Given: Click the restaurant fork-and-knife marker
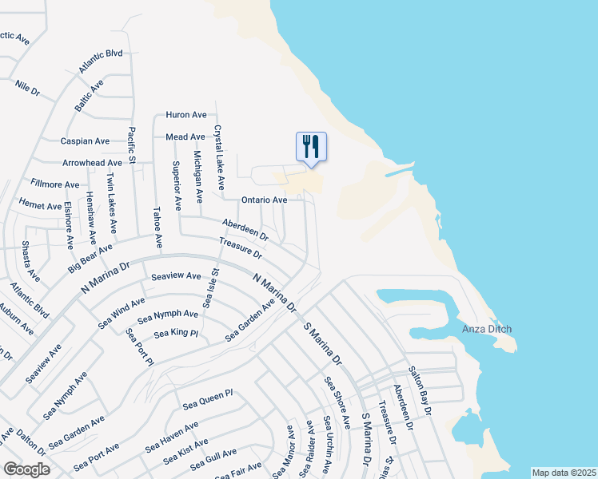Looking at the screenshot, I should click(312, 147).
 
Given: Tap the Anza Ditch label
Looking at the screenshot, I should click(487, 329).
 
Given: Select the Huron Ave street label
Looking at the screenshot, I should click(186, 115).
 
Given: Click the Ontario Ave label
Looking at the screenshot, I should click(264, 200).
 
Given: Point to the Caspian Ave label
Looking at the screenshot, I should click(86, 141).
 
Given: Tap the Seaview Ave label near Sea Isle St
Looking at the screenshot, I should click(176, 276).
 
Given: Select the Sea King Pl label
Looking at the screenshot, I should click(176, 333).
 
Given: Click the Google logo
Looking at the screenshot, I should click(26, 469).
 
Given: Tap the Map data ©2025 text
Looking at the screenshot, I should click(563, 473).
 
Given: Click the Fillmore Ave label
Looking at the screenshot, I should click(55, 184).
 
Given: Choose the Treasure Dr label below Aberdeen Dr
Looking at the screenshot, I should click(241, 248).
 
